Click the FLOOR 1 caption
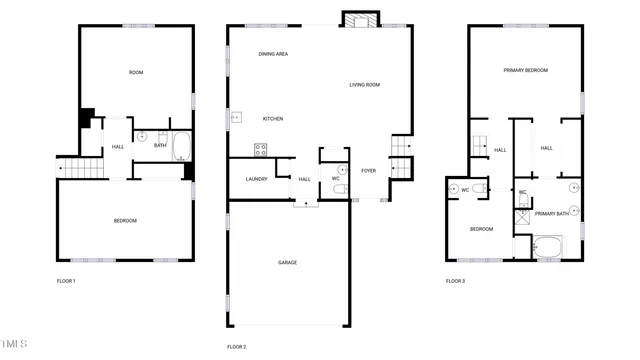pyautogui.click(x=66, y=281)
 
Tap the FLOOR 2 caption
pyautogui.click(x=236, y=346)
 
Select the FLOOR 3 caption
pyautogui.click(x=455, y=281)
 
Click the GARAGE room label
pyautogui.click(x=287, y=262)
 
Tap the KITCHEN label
pyautogui.click(x=273, y=119)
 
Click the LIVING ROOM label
pyautogui.click(x=364, y=85)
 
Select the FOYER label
pyautogui.click(x=369, y=171)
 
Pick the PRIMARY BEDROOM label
pyautogui.click(x=524, y=70)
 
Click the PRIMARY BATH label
pyautogui.click(x=551, y=213)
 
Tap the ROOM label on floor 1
pyautogui.click(x=136, y=72)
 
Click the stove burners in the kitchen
pyautogui.click(x=261, y=150)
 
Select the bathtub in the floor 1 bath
pyautogui.click(x=181, y=148)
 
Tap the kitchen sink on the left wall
pyautogui.click(x=237, y=117)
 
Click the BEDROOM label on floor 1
pyautogui.click(x=125, y=220)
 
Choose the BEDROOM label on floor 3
pyautogui.click(x=482, y=229)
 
